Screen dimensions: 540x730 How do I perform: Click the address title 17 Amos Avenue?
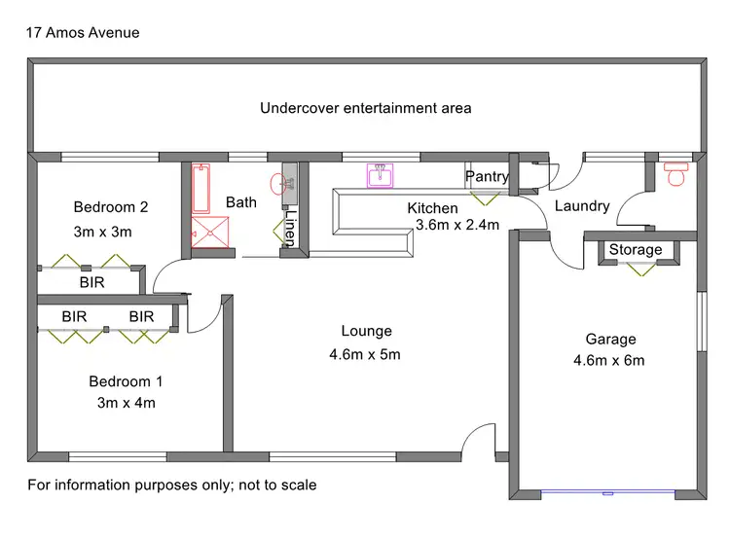pyautogui.click(x=84, y=33)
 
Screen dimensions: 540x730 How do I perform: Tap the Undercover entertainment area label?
pyautogui.click(x=365, y=108)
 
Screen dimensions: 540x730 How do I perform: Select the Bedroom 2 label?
pyautogui.click(x=111, y=207)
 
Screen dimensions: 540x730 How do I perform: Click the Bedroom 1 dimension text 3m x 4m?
pyautogui.click(x=126, y=403)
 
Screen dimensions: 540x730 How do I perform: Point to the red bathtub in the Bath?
pyautogui.click(x=201, y=189)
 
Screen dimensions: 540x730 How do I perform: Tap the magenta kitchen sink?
pyautogui.click(x=380, y=175)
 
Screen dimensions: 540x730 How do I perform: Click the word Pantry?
pyautogui.click(x=487, y=176)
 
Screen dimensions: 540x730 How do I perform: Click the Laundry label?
pyautogui.click(x=581, y=206)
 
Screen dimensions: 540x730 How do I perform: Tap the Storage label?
pyautogui.click(x=636, y=250)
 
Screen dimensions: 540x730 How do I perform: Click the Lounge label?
pyautogui.click(x=365, y=331)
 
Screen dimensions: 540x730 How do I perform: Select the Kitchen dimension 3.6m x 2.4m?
pyautogui.click(x=456, y=226)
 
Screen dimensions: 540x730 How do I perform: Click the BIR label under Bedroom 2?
pyautogui.click(x=92, y=282)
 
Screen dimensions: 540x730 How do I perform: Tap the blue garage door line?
pyautogui.click(x=605, y=491)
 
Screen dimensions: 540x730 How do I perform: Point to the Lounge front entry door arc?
pyautogui.click(x=479, y=441)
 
